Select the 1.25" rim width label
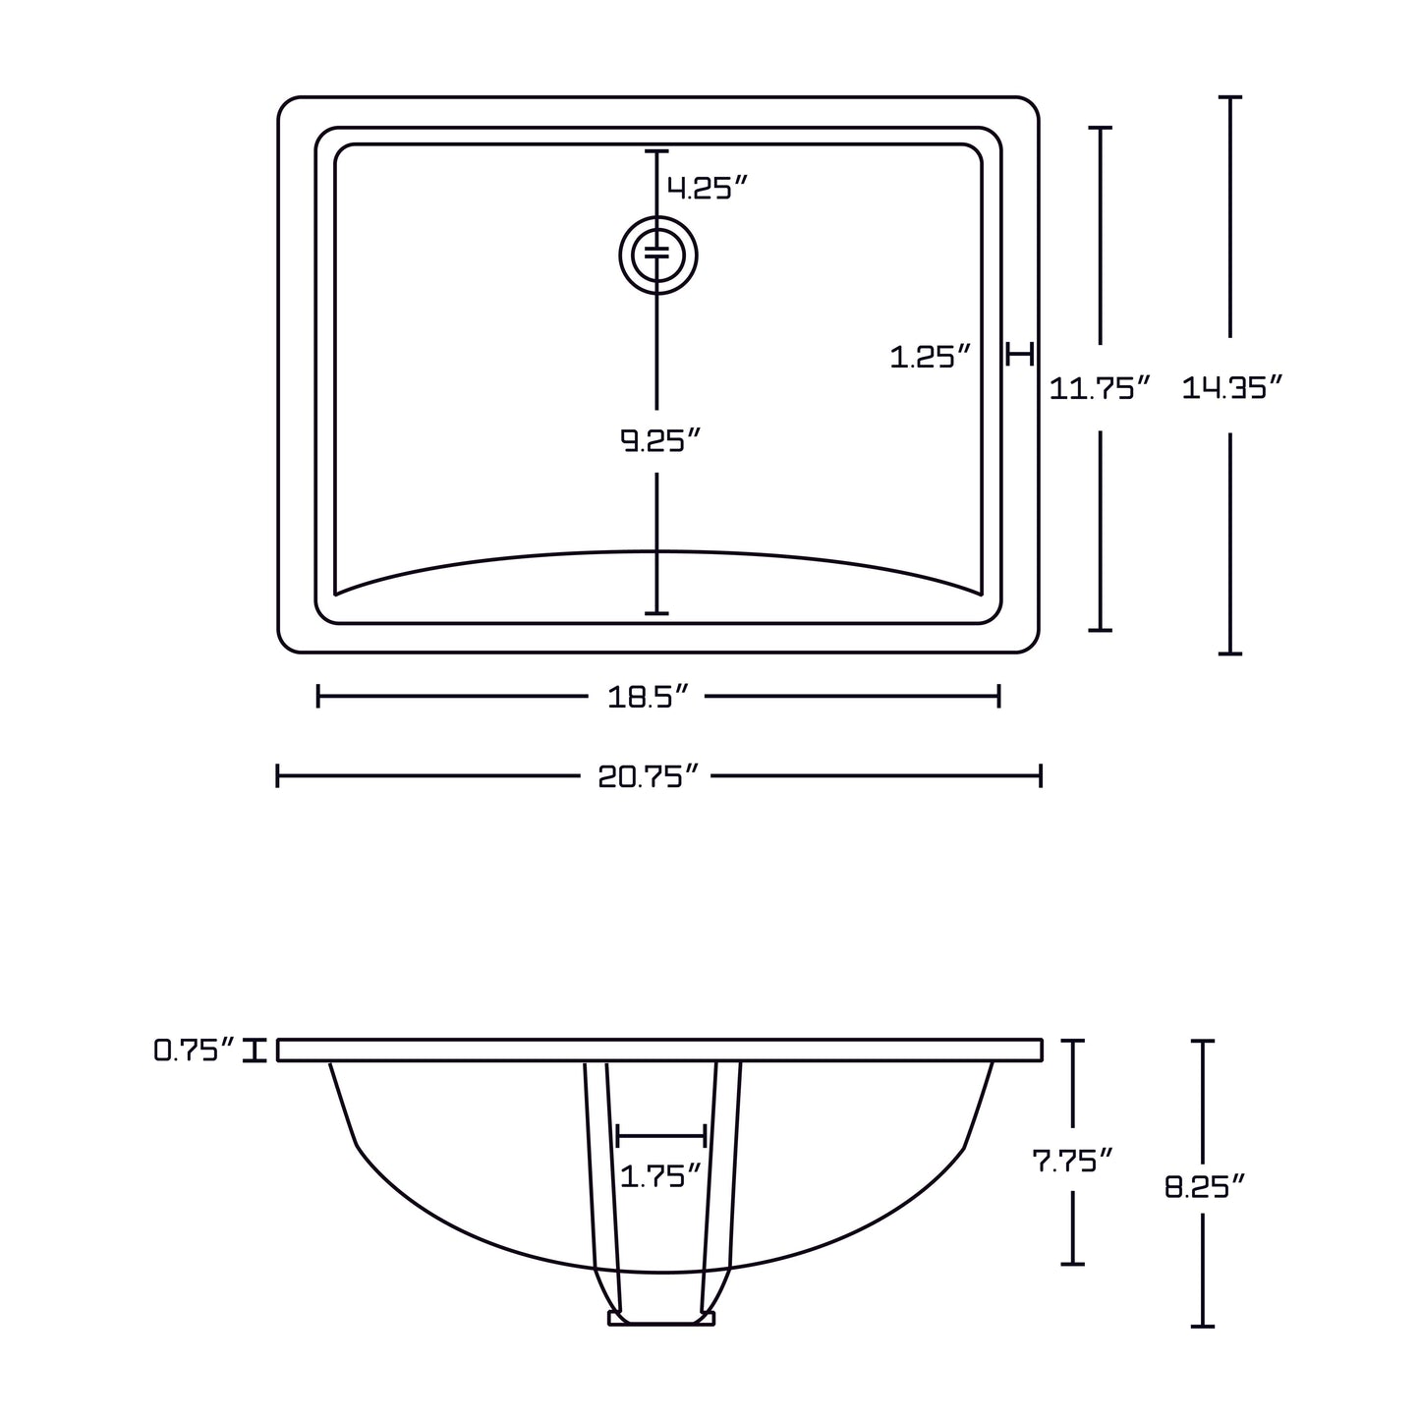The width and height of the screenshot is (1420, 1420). [x=930, y=357]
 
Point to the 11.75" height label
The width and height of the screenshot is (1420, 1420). [x=1099, y=388]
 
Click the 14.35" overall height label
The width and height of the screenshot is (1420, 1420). [x=1232, y=388]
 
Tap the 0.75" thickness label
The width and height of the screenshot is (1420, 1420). [x=195, y=1051]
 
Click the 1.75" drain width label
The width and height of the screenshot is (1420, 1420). [x=660, y=1174]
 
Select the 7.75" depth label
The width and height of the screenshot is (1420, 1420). [x=1072, y=1161]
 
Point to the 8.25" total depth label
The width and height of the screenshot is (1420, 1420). [x=1205, y=1187]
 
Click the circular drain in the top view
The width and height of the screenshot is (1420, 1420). [x=657, y=256]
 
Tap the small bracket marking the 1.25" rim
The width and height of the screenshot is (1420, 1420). [x=1021, y=354]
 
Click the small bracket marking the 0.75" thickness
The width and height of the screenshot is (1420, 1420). [x=256, y=1051]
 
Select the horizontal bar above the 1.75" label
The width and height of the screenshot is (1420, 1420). [x=660, y=1137]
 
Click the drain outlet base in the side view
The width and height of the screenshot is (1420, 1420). [x=661, y=1318]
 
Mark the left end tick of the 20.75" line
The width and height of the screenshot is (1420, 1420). [x=278, y=776]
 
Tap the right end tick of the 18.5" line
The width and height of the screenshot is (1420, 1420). [x=998, y=697]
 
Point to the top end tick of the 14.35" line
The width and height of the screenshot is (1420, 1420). [x=1229, y=97]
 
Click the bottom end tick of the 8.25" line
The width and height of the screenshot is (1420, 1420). [x=1203, y=1326]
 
